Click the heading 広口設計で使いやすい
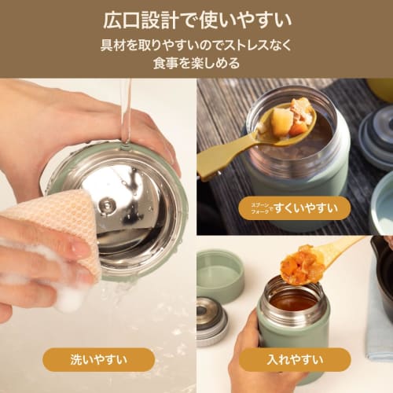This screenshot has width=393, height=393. tap(196, 18)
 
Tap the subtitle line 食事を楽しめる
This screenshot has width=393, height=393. tap(196, 62)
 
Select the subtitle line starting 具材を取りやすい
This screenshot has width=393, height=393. tap(196, 45)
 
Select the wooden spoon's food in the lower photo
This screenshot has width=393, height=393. tap(303, 263)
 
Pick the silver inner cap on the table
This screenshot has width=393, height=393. tap(212, 318)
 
